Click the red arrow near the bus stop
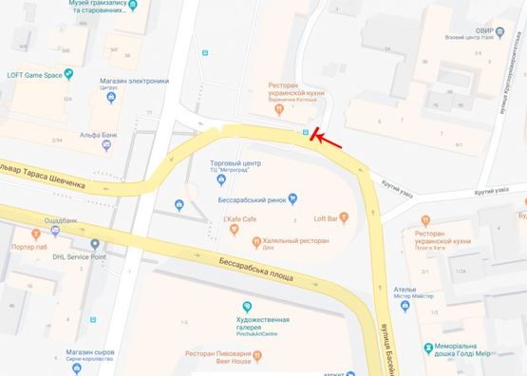328,141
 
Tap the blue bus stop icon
305,132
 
